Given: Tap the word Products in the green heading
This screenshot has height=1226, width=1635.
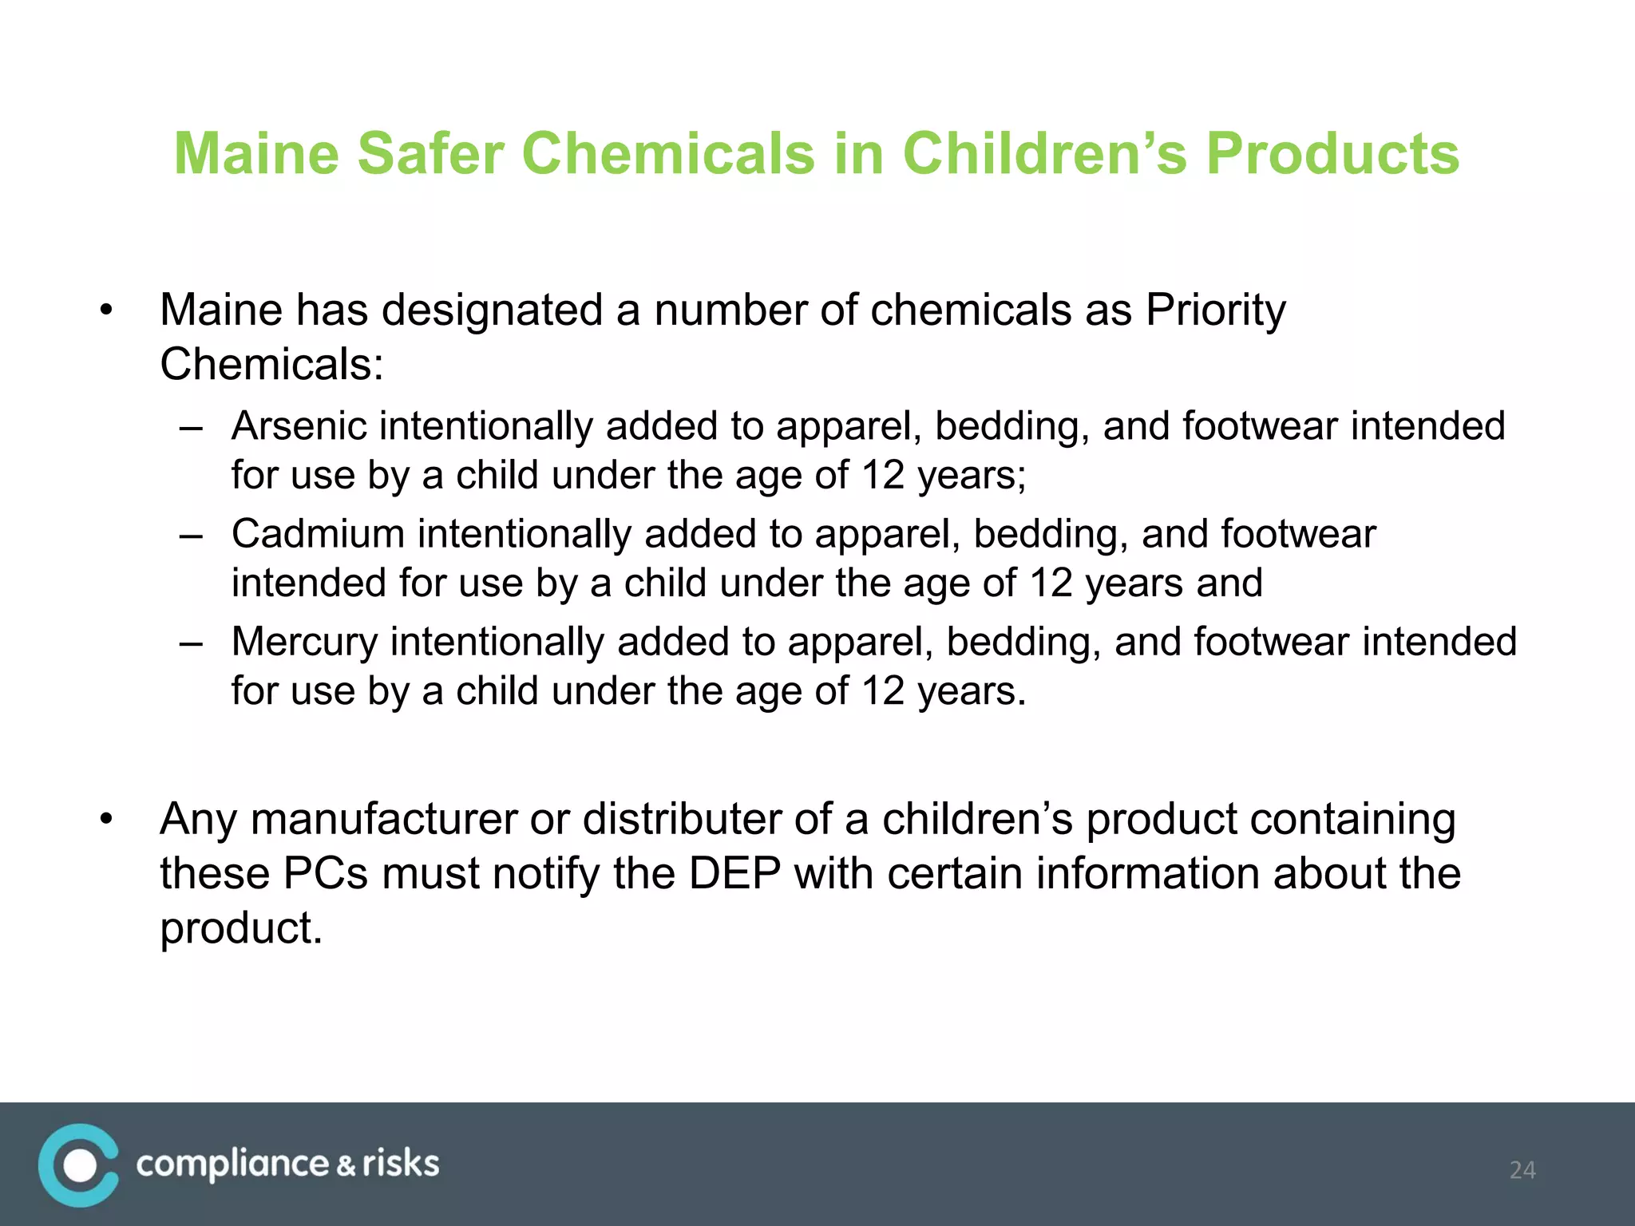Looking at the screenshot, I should pos(1332,153).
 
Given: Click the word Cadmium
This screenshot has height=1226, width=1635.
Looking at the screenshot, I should pos(318,534).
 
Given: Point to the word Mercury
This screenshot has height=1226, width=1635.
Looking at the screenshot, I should pos(304,642).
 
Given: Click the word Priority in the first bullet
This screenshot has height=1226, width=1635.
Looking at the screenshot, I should pos(1215,310).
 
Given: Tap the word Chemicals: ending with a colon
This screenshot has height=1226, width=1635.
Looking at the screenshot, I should pos(271,365).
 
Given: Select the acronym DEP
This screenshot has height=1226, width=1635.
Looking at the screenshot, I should pos(734,873).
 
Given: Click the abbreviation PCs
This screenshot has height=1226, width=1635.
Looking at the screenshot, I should pos(325,873).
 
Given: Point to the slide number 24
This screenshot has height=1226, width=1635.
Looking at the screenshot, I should pos(1522,1170).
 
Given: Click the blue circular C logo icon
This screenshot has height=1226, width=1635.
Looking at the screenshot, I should pos(78,1165).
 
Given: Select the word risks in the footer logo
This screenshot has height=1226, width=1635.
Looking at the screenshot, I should pos(401,1164).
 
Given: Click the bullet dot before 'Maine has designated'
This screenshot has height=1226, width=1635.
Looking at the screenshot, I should pos(106,311).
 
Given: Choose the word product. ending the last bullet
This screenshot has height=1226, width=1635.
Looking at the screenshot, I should pos(241,927).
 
